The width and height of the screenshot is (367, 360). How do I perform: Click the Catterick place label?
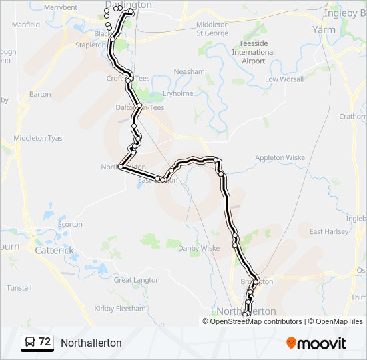[x=54, y=251]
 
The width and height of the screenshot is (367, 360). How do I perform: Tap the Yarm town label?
[x=324, y=30]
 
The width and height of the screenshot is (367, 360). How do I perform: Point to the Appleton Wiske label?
[x=280, y=158]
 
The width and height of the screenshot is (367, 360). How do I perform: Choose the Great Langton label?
[x=137, y=280]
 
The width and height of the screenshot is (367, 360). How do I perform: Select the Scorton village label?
[x=70, y=225]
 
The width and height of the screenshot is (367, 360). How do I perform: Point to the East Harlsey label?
[x=328, y=231]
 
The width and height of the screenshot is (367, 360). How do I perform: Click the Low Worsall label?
[x=284, y=79]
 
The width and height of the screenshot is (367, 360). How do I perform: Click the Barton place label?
[x=40, y=95]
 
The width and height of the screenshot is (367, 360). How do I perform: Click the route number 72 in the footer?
[x=45, y=342]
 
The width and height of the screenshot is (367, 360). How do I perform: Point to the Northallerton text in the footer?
[x=91, y=343]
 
